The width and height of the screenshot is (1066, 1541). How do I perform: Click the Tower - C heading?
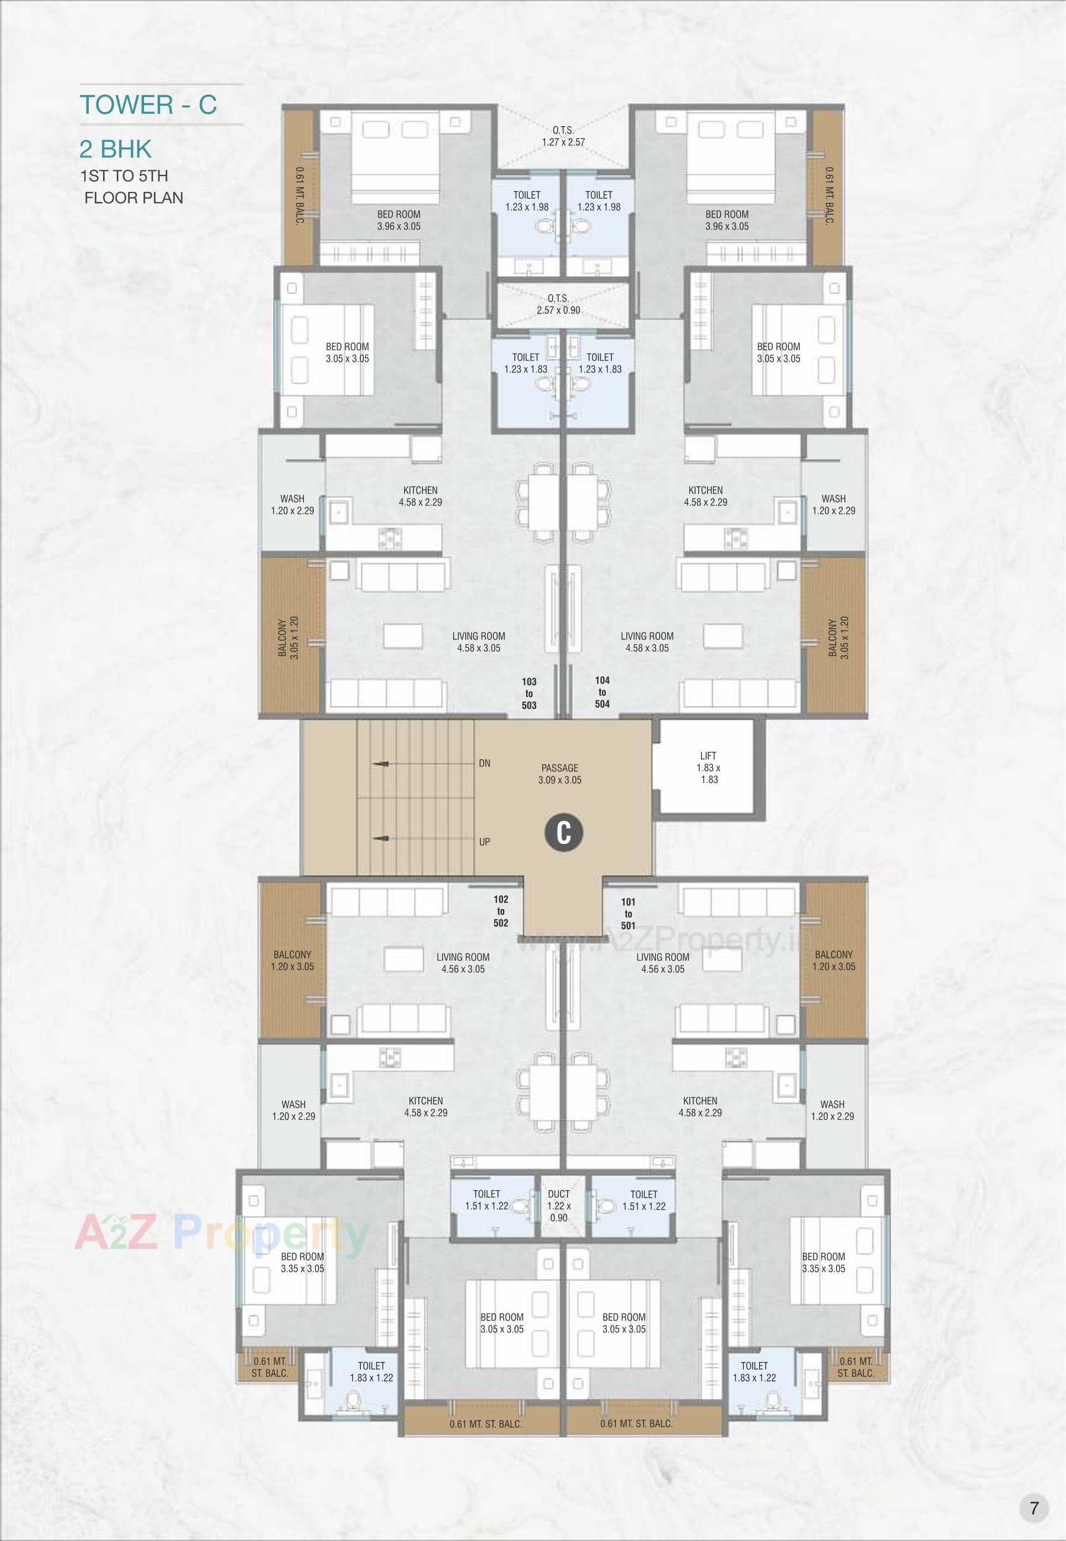pos(148,105)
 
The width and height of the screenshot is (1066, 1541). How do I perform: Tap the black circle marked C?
pos(564,833)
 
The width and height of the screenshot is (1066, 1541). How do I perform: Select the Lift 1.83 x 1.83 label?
pos(709,768)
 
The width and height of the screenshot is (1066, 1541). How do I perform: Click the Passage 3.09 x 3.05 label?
pos(560,773)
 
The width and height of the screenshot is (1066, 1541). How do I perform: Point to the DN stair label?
pos(485,763)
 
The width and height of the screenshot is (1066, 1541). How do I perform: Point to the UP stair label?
pos(485,842)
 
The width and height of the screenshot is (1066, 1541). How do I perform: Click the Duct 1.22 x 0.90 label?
pos(558,1206)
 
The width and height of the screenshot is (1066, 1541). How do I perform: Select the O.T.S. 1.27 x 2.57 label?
pos(563,136)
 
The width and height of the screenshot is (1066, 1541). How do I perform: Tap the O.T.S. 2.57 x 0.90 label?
pos(558,304)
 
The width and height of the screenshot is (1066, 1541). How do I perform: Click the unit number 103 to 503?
pos(529,693)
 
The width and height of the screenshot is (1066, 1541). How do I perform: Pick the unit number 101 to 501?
pos(628,913)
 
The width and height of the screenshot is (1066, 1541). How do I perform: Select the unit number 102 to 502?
pos(501,911)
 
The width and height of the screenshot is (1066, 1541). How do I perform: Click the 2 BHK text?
pos(116,149)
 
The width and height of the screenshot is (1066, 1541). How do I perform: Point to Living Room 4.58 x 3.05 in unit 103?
pos(478,641)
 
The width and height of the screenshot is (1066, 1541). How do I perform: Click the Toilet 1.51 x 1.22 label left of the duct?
pos(486,1200)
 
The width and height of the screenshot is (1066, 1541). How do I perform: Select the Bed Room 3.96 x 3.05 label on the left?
pos(399,220)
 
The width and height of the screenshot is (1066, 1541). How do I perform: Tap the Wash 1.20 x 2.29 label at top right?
pos(833,504)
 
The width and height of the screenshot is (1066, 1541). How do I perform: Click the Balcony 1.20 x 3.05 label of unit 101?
pos(833,960)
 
